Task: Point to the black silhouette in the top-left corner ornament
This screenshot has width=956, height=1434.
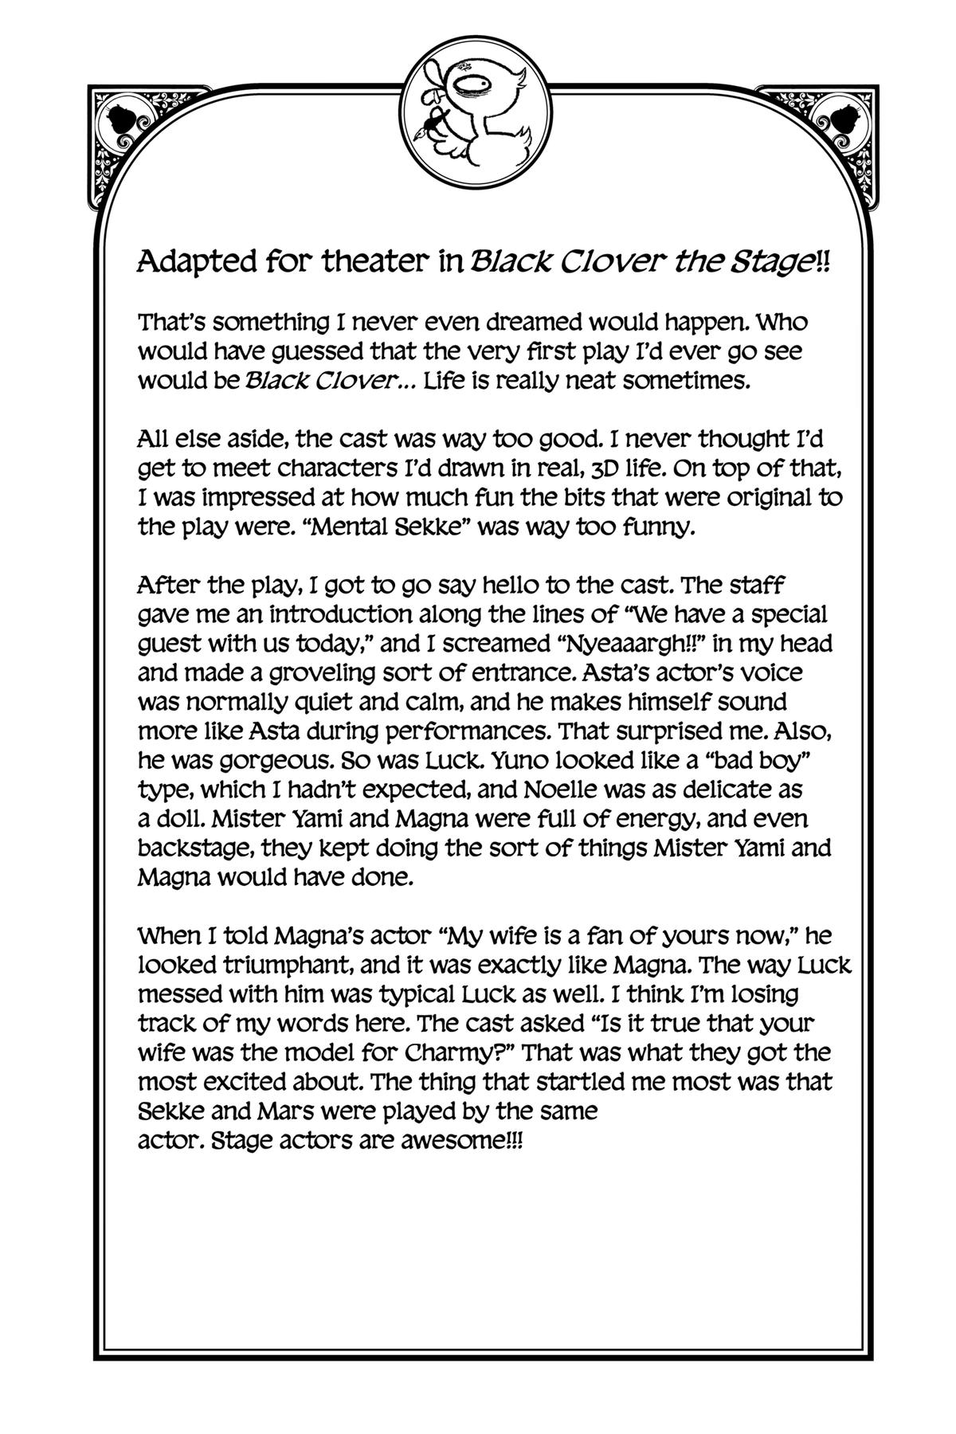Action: (x=123, y=119)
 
